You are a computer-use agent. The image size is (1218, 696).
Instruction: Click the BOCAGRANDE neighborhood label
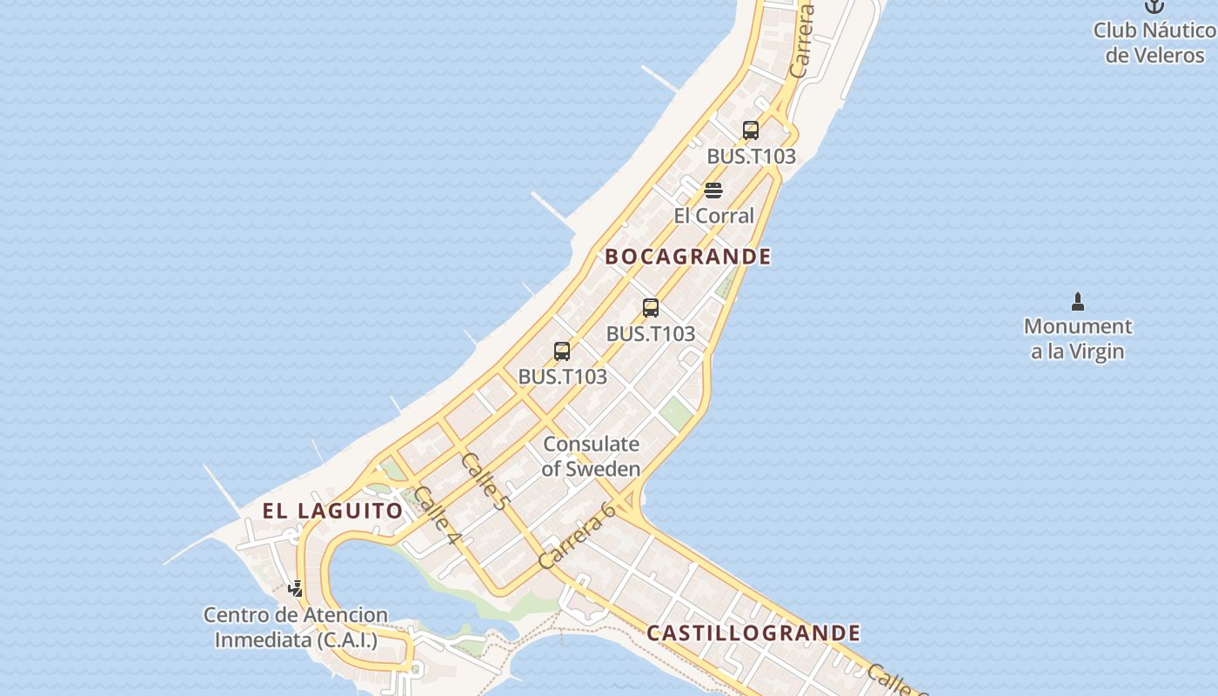pos(687,257)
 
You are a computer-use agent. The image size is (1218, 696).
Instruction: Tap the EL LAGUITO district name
pos(332,511)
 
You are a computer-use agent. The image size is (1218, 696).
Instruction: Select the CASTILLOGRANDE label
pos(753,632)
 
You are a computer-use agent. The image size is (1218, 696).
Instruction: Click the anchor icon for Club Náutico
pos(1154,6)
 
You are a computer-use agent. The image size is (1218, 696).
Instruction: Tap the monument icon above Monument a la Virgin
pos(1078,302)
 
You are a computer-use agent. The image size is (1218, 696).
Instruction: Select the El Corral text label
pos(713,216)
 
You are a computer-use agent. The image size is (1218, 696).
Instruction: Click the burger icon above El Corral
pos(713,191)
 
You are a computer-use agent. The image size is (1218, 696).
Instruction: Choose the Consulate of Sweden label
pos(592,456)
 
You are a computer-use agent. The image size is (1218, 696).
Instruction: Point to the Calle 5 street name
pos(483,480)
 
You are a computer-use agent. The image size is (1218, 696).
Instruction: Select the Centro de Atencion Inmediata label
pos(296,627)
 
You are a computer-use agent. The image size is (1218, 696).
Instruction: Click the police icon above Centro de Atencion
pos(296,589)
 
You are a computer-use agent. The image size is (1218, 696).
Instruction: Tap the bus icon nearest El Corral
pos(751,130)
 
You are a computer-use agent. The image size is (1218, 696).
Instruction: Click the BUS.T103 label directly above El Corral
pos(751,157)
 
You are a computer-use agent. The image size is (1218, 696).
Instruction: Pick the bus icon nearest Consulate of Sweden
pos(562,351)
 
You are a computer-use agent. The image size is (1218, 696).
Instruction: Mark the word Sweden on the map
pos(603,469)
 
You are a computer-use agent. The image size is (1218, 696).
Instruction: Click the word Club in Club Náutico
pos(1114,30)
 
